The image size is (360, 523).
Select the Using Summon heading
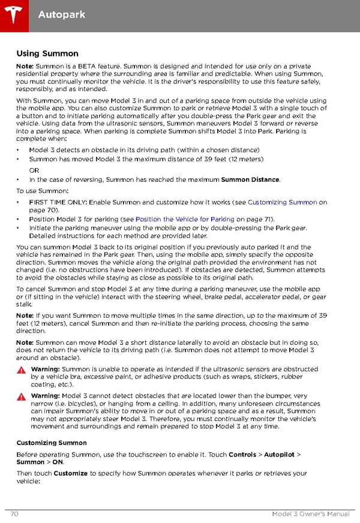47,54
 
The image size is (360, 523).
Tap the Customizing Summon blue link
282,203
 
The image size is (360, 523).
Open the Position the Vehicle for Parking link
185,220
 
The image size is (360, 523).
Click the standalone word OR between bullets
34,170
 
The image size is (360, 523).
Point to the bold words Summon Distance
250,179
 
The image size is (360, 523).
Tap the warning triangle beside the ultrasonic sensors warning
21,370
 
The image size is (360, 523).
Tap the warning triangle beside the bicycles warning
21,397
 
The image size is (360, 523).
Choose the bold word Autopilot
280,455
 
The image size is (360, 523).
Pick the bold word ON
58,462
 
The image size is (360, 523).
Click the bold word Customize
71,474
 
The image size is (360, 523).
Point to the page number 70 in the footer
14,515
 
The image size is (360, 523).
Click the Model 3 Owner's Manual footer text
310,515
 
